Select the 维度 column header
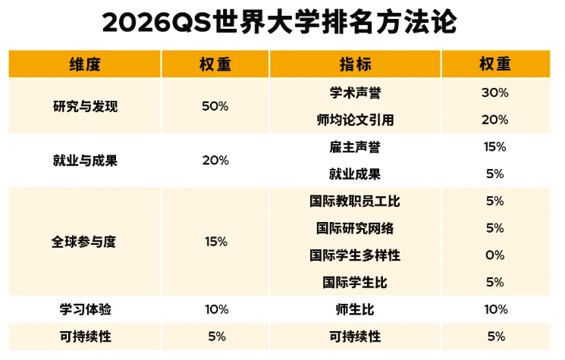tap(85, 64)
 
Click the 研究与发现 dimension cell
tap(85, 106)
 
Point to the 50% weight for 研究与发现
tap(215, 106)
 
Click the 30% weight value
tap(494, 93)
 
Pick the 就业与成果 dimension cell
tap(85, 161)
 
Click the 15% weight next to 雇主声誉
tap(494, 147)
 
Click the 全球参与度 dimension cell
tap(85, 242)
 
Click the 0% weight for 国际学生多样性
tap(494, 255)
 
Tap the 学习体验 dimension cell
tap(85, 309)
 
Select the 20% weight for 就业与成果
tap(215, 161)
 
